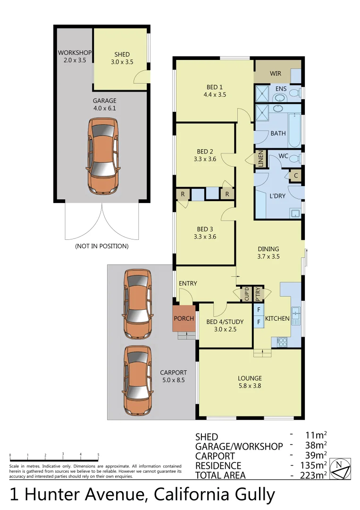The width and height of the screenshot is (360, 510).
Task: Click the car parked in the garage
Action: [102, 156]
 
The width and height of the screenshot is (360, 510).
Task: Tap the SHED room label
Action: [122, 58]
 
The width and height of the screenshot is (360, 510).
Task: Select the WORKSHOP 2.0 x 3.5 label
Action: [75, 56]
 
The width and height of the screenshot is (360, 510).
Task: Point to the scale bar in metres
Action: [54, 459]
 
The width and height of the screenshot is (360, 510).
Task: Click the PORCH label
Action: [184, 318]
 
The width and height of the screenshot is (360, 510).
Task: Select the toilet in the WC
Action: [294, 158]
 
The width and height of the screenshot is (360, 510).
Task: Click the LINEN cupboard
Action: [260, 158]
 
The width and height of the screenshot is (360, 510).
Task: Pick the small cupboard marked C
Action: [295, 175]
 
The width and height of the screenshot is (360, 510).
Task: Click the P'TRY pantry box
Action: [258, 294]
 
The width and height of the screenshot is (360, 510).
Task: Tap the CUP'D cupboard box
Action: [246, 294]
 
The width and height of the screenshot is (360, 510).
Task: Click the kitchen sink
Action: [295, 314]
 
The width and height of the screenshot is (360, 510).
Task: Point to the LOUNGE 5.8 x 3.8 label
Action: [250, 382]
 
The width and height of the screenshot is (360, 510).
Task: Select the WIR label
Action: [276, 74]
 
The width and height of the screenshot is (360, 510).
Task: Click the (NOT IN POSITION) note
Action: [101, 246]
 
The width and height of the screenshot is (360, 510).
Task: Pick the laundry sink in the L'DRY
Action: [295, 213]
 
